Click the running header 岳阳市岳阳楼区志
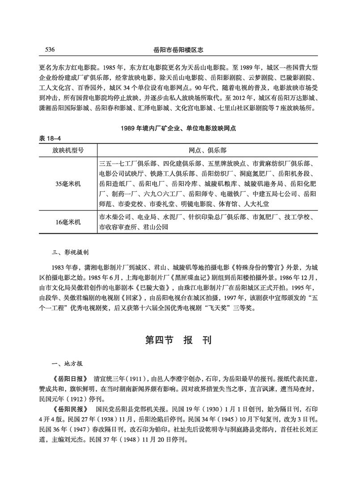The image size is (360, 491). [x=180, y=50]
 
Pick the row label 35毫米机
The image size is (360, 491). [x=68, y=183]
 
